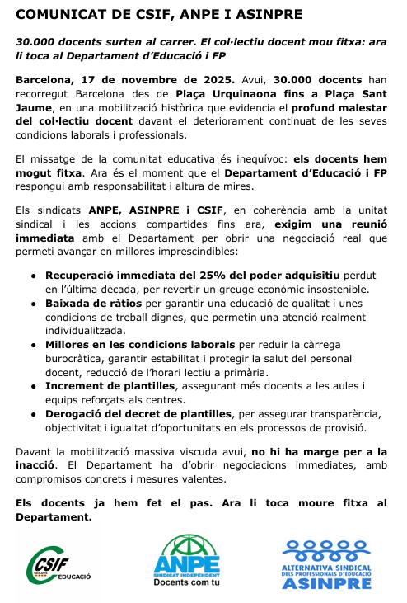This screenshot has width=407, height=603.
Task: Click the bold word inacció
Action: coord(40,465)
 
